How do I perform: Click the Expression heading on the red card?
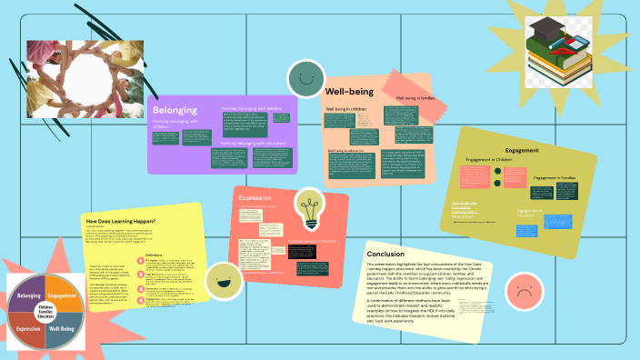pyautogui.click(x=255, y=198)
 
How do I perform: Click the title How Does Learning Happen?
pyautogui.click(x=120, y=221)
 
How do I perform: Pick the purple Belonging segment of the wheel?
pyautogui.click(x=28, y=295)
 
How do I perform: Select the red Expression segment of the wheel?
pyautogui.click(x=28, y=328)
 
